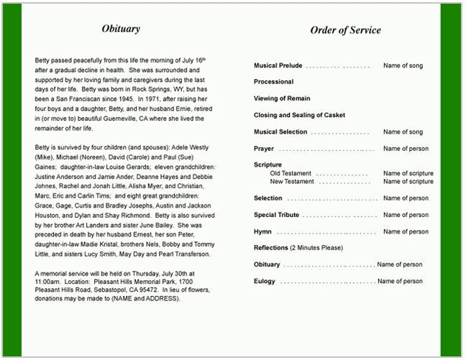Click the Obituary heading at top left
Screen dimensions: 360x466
[121, 29]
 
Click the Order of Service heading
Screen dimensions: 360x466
[345, 30]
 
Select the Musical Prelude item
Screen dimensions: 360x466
[278, 65]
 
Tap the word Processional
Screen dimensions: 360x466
[273, 82]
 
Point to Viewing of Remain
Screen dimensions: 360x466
[282, 98]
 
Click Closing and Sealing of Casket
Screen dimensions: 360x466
[299, 115]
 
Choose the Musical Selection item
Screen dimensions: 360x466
[280, 131]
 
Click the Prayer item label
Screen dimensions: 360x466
[264, 149]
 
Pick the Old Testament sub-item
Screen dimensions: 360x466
[291, 173]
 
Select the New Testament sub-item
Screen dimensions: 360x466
[292, 182]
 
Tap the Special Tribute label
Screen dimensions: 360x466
[276, 215]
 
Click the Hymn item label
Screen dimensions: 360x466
[262, 231]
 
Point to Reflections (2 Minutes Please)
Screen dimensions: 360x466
[298, 248]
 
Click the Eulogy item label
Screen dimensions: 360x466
[265, 281]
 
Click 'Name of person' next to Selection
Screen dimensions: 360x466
[406, 198]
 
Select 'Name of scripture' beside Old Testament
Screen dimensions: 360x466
[408, 173]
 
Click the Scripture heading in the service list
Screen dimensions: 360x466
[268, 165]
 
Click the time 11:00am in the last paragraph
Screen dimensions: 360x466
[48, 282]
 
